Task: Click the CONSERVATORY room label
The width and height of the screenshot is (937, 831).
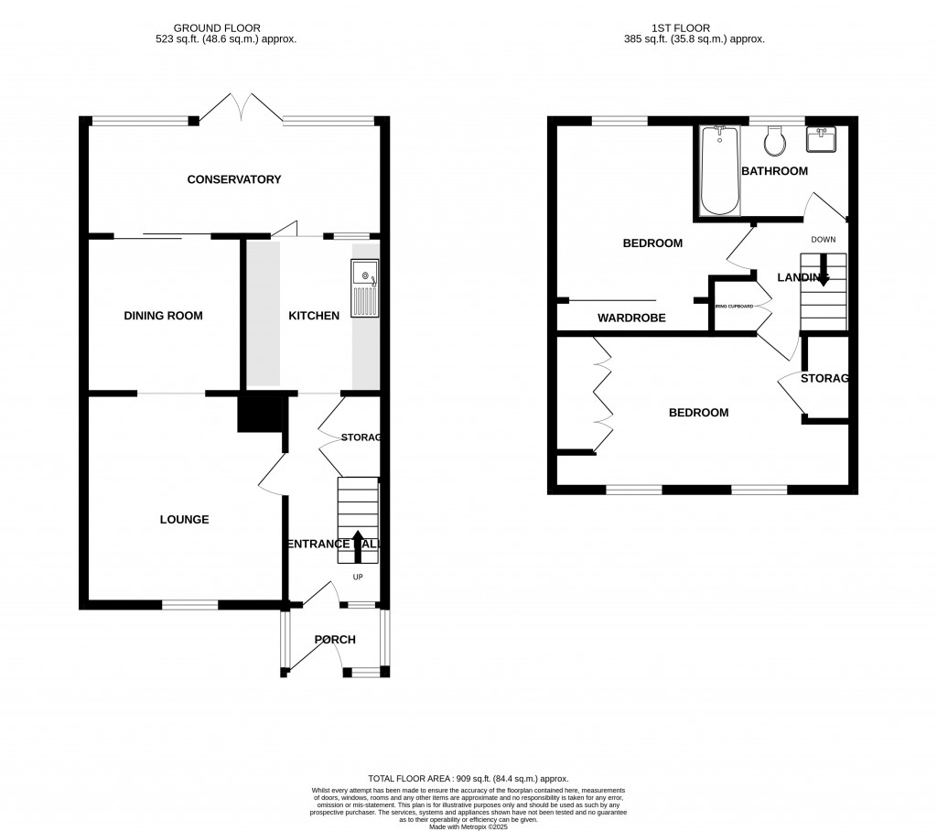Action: click(x=234, y=179)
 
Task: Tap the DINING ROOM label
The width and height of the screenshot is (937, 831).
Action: click(x=163, y=316)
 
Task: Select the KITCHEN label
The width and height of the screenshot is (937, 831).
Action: click(x=314, y=316)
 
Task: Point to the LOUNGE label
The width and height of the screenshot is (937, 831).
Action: click(x=184, y=519)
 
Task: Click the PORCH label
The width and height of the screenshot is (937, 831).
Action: click(x=335, y=639)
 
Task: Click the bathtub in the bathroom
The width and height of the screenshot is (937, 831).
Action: click(x=719, y=171)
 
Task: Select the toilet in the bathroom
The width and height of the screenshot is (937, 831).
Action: click(x=776, y=141)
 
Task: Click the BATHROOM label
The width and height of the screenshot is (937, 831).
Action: click(x=774, y=171)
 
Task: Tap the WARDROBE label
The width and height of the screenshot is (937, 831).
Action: click(x=631, y=318)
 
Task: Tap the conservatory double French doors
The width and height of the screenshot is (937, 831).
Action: click(x=241, y=108)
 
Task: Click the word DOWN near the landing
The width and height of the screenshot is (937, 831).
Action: click(x=823, y=240)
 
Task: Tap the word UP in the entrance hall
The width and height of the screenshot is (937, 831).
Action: click(x=358, y=577)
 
